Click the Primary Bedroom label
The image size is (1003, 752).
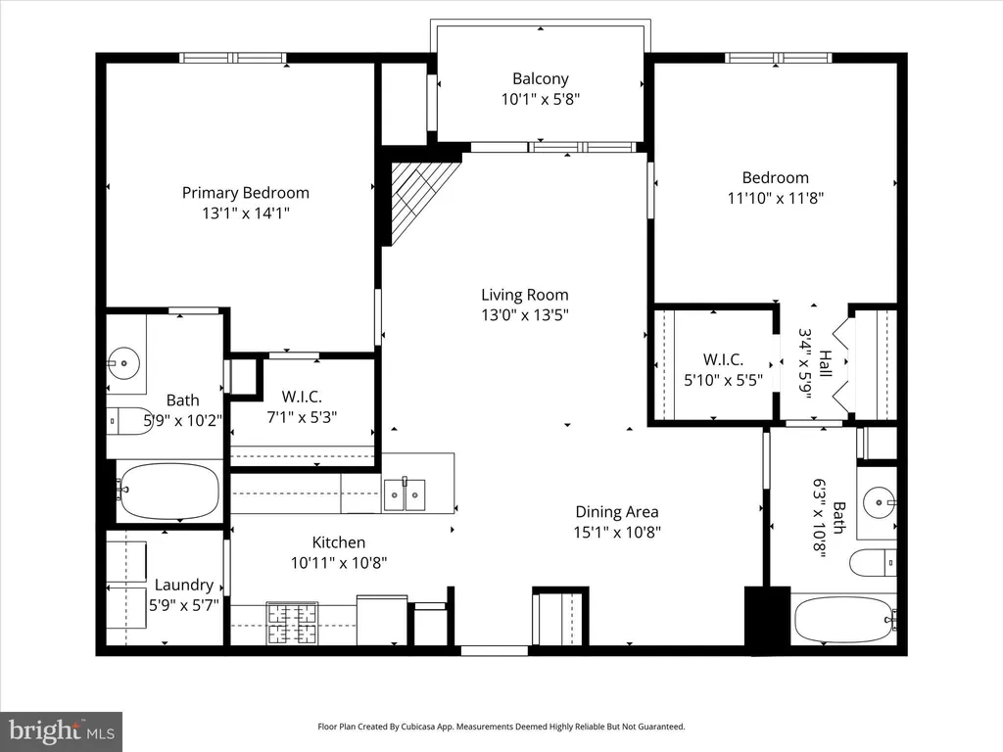pyautogui.click(x=246, y=193)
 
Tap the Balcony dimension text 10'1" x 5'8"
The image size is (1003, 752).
pyautogui.click(x=541, y=99)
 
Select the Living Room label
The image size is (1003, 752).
pyautogui.click(x=525, y=295)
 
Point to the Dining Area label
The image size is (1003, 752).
pyautogui.click(x=617, y=511)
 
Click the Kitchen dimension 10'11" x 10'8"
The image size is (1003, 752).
pyautogui.click(x=338, y=563)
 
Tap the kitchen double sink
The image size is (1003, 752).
pyautogui.click(x=405, y=494)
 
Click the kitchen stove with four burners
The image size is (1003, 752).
pyautogui.click(x=292, y=624)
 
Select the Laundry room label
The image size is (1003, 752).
pyautogui.click(x=183, y=585)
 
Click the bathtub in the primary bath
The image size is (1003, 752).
pyautogui.click(x=168, y=492)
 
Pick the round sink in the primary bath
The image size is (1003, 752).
pyautogui.click(x=123, y=363)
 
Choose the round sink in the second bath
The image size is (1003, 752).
pyautogui.click(x=880, y=502)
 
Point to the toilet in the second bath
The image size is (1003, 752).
pyautogui.click(x=873, y=563)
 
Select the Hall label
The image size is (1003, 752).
pyautogui.click(x=825, y=363)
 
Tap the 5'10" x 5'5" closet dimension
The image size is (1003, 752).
pyautogui.click(x=724, y=381)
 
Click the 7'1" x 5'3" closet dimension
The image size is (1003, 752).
pyautogui.click(x=302, y=417)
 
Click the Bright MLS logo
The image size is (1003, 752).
pyautogui.click(x=61, y=731)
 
